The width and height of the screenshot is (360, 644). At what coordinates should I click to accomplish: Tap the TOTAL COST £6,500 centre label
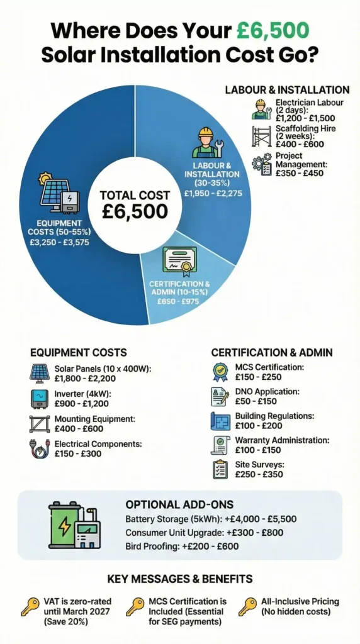pyautogui.click(x=134, y=203)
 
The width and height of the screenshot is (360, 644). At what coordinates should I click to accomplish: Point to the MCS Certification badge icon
pyautogui.click(x=220, y=371)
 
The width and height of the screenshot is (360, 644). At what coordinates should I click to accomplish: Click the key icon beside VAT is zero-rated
pyautogui.click(x=28, y=607)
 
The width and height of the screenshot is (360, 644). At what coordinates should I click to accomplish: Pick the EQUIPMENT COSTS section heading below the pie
pyautogui.click(x=79, y=352)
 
